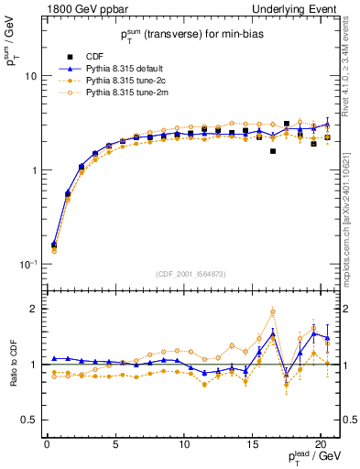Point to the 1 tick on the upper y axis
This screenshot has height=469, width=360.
pos(33,170)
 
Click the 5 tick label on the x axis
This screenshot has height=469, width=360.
pos(115,445)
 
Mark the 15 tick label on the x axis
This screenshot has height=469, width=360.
pos(252,445)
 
